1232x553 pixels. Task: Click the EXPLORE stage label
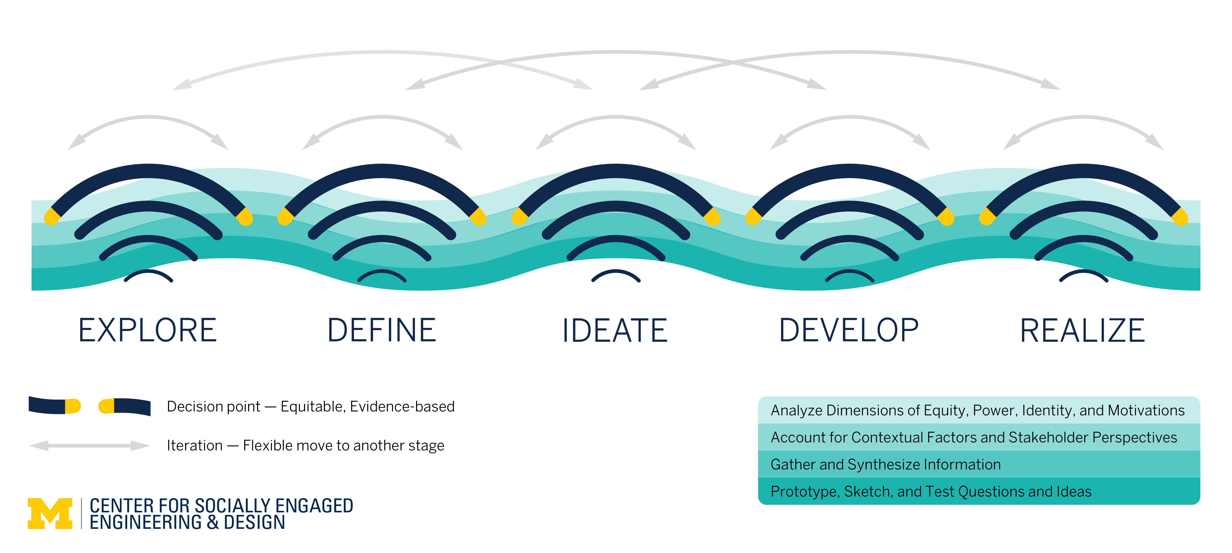point(148,331)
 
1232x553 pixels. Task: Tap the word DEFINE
point(382,331)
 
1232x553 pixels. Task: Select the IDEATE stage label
point(615,331)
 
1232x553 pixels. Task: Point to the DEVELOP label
point(849,331)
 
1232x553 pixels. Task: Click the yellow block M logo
point(50,514)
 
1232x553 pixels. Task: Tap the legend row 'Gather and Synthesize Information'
point(886,464)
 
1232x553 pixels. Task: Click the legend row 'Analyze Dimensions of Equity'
point(977,410)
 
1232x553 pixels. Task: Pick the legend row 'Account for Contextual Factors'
point(974,437)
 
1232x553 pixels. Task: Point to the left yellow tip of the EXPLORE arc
point(51,217)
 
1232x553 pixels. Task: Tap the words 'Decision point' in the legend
point(213,407)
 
